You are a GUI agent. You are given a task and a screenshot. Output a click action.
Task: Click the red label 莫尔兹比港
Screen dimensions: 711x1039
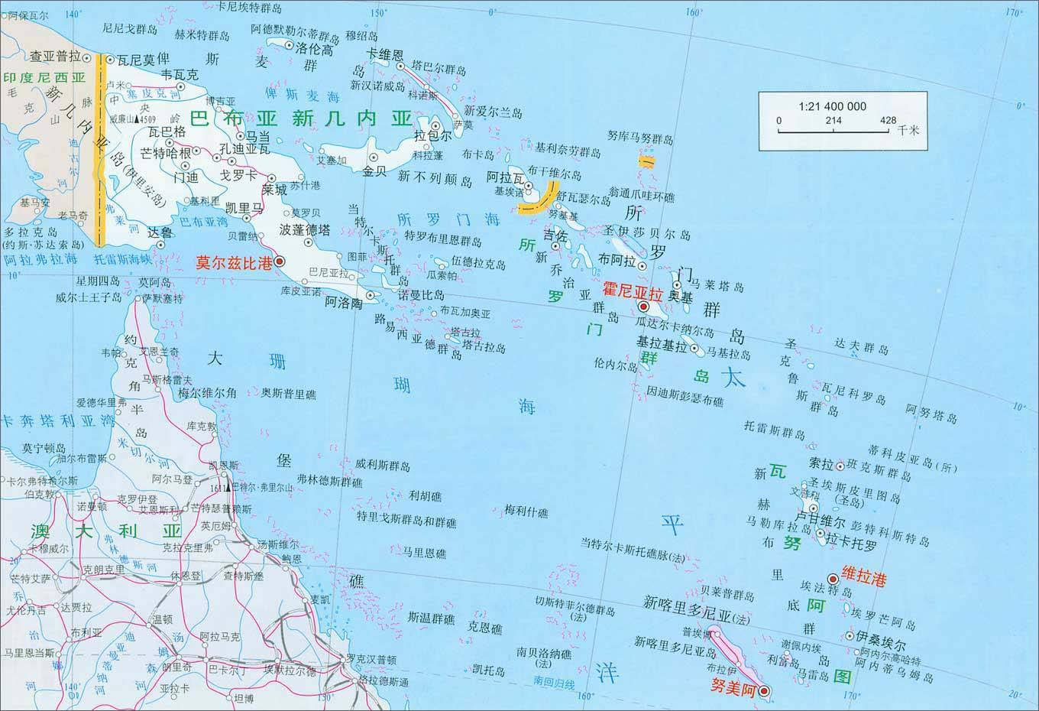coord(234,263)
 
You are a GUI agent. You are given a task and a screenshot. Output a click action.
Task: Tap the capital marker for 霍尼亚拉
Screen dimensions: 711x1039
coord(643,307)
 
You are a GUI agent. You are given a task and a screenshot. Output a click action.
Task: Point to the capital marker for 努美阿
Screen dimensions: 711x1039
coord(764,693)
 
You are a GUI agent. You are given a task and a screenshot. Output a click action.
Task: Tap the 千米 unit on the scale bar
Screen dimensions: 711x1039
coord(908,130)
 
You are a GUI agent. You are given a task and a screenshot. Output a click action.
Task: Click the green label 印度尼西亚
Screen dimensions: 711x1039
coord(44,77)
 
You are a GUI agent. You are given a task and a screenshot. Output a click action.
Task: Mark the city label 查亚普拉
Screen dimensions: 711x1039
coord(55,57)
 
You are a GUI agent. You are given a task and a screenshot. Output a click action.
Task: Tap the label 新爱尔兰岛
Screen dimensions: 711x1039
coord(493,112)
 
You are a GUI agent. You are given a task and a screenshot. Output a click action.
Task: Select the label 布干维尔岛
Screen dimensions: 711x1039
coord(555,173)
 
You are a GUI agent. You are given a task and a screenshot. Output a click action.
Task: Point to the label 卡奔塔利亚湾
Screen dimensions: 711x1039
coord(58,421)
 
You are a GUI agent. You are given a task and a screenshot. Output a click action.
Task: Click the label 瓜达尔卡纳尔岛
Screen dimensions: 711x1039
coord(675,331)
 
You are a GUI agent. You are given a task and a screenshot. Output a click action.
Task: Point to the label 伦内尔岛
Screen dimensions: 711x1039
coord(615,365)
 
